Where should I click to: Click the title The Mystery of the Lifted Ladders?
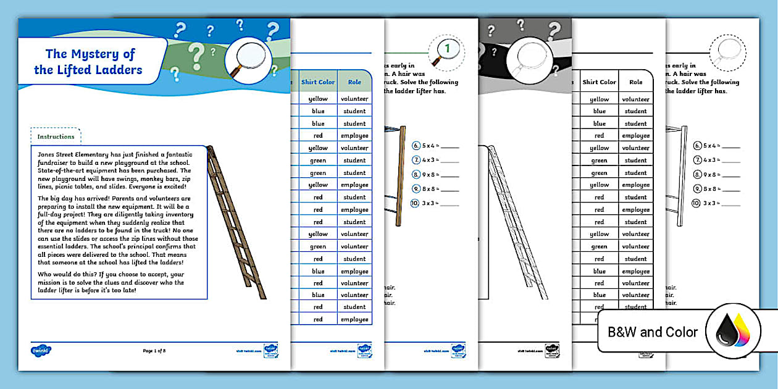[90, 62]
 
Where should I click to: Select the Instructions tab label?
[56, 136]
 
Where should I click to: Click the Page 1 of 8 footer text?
[154, 351]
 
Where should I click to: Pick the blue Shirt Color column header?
[318, 82]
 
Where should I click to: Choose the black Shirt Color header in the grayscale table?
[599, 82]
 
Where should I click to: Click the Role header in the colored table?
[354, 82]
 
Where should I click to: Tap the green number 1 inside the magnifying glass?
[448, 47]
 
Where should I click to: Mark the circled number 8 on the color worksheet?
[416, 175]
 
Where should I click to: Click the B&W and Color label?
[653, 332]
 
